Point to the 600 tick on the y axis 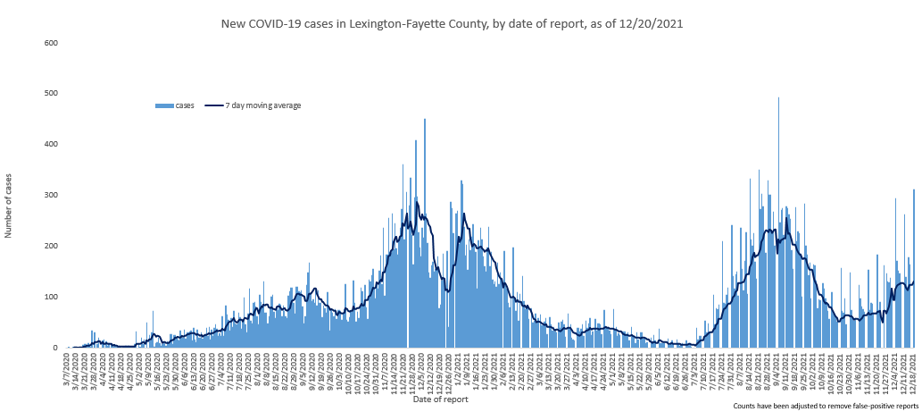(x=50, y=43)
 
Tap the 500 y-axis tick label (x=50, y=94)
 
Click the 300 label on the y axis (x=50, y=195)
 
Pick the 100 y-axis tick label (x=50, y=297)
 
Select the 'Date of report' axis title (x=440, y=399)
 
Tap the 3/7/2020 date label (x=67, y=367)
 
